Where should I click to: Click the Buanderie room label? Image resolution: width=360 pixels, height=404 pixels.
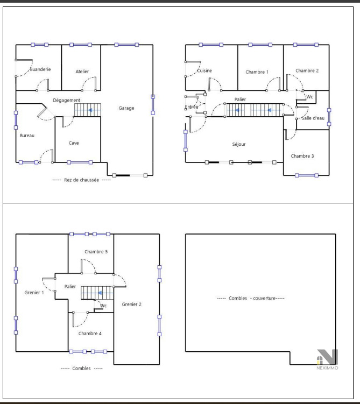point(40,69)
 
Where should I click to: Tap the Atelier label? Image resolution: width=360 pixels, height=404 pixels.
point(82,72)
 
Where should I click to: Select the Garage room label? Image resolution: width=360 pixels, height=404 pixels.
point(126,108)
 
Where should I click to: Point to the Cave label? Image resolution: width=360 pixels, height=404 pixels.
point(74,143)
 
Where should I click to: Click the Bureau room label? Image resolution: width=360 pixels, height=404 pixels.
point(27,136)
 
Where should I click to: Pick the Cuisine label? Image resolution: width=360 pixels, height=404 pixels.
point(204,70)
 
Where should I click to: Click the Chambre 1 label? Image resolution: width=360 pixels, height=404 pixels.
point(257,72)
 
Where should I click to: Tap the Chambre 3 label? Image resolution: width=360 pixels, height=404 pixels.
point(302,156)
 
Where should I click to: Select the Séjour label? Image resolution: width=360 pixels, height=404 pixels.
point(239,144)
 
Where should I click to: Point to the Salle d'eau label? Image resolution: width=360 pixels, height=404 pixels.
point(313,118)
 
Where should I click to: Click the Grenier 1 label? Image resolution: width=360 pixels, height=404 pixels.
point(34,293)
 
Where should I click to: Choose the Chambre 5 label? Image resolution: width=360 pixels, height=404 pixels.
point(96,252)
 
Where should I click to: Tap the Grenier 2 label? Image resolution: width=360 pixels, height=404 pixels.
point(131,304)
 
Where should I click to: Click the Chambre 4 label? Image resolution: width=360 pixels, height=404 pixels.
point(90,334)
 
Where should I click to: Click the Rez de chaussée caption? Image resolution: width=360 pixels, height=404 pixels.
point(81,180)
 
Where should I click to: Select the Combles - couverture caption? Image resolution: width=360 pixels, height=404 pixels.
point(251,298)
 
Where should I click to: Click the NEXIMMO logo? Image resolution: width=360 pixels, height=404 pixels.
point(327,359)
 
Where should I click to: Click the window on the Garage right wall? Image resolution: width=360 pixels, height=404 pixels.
point(153,104)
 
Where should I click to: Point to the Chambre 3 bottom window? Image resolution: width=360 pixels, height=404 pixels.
point(307,175)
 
